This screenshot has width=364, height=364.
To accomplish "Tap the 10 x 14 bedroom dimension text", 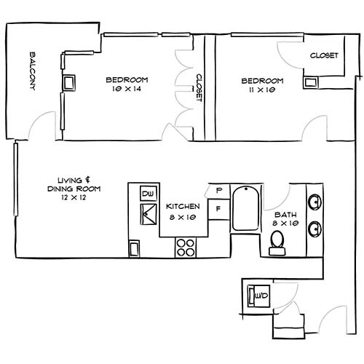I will pos(127,90).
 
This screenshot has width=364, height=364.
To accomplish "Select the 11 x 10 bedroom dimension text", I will pos(262,90).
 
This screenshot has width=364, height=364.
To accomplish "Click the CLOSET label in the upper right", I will pos(323,55).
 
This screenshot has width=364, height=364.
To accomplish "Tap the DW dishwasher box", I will pos(148,194).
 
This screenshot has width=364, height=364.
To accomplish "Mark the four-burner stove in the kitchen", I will pos(186,248).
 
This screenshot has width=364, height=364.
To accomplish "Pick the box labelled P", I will pos(218,191).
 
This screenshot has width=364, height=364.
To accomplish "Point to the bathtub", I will pos(245,209).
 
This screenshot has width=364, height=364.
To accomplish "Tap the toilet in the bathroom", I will pos(277,242).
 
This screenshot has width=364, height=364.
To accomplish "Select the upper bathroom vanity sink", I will pos(315,202).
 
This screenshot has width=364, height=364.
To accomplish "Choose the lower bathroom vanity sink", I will pos(315,229).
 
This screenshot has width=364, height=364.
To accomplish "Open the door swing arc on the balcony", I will pos(41,125).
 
